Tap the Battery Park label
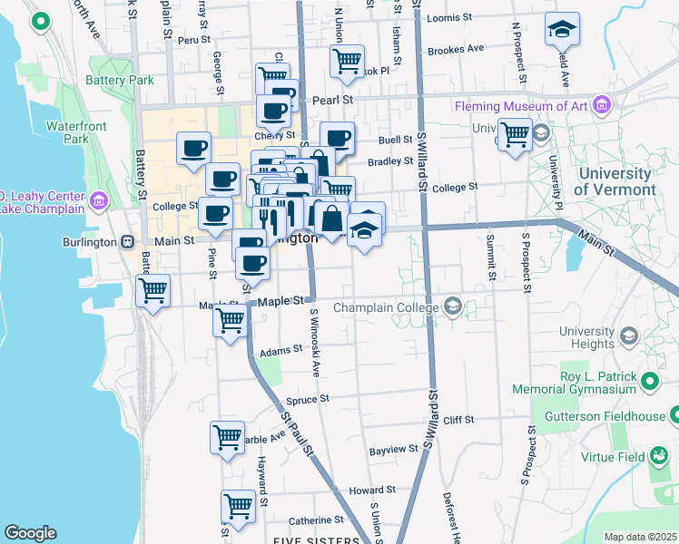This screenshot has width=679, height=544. coord(120,80)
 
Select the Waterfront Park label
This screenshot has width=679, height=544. coord(68,131)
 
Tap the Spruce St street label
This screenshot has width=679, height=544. coord(307,398)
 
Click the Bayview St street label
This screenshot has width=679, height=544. coord(392,450)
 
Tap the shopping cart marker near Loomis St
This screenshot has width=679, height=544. coord(347,62)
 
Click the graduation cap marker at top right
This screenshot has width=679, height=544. coord(562,29)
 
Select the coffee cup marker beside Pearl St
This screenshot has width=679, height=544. coord(272,111)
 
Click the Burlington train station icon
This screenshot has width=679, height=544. coord(127,241)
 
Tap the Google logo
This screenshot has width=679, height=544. coord(30,533)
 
